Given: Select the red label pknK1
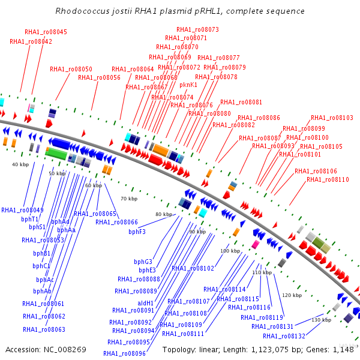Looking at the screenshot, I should pyautogui.click(x=188, y=85).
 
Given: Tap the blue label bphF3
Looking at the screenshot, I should pyautogui.click(x=137, y=232).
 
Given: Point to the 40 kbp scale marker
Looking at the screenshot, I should pyautogui.click(x=20, y=164).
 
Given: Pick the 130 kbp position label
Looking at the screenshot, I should pyautogui.click(x=323, y=320).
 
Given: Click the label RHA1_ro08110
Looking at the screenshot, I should pyautogui.click(x=328, y=179).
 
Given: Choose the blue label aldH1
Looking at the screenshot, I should pyautogui.click(x=146, y=303).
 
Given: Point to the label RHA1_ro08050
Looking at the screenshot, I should pyautogui.click(x=71, y=69).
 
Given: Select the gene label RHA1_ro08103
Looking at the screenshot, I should pyautogui.click(x=332, y=118).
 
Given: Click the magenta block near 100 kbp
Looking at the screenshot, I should pyautogui.click(x=255, y=245).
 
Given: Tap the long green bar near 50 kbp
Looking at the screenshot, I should pyautogui.click(x=56, y=154).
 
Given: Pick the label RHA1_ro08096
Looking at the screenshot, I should pyautogui.click(x=126, y=353).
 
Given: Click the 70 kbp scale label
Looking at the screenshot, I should pyautogui.click(x=128, y=199).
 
